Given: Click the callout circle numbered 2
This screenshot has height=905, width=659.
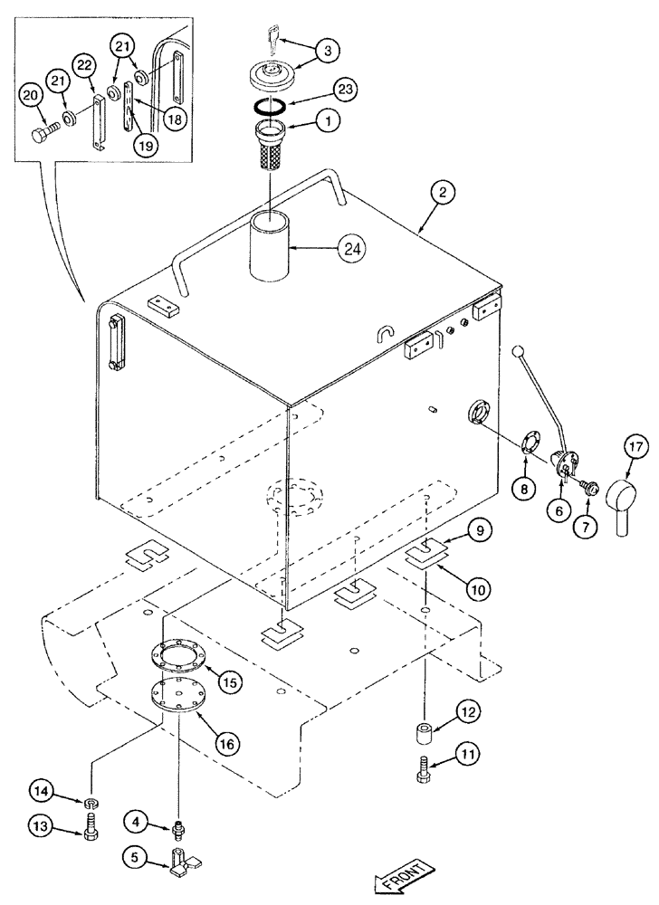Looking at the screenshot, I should coord(444,192).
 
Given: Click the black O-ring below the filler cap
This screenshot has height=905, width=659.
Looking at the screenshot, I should coord(272,108).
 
